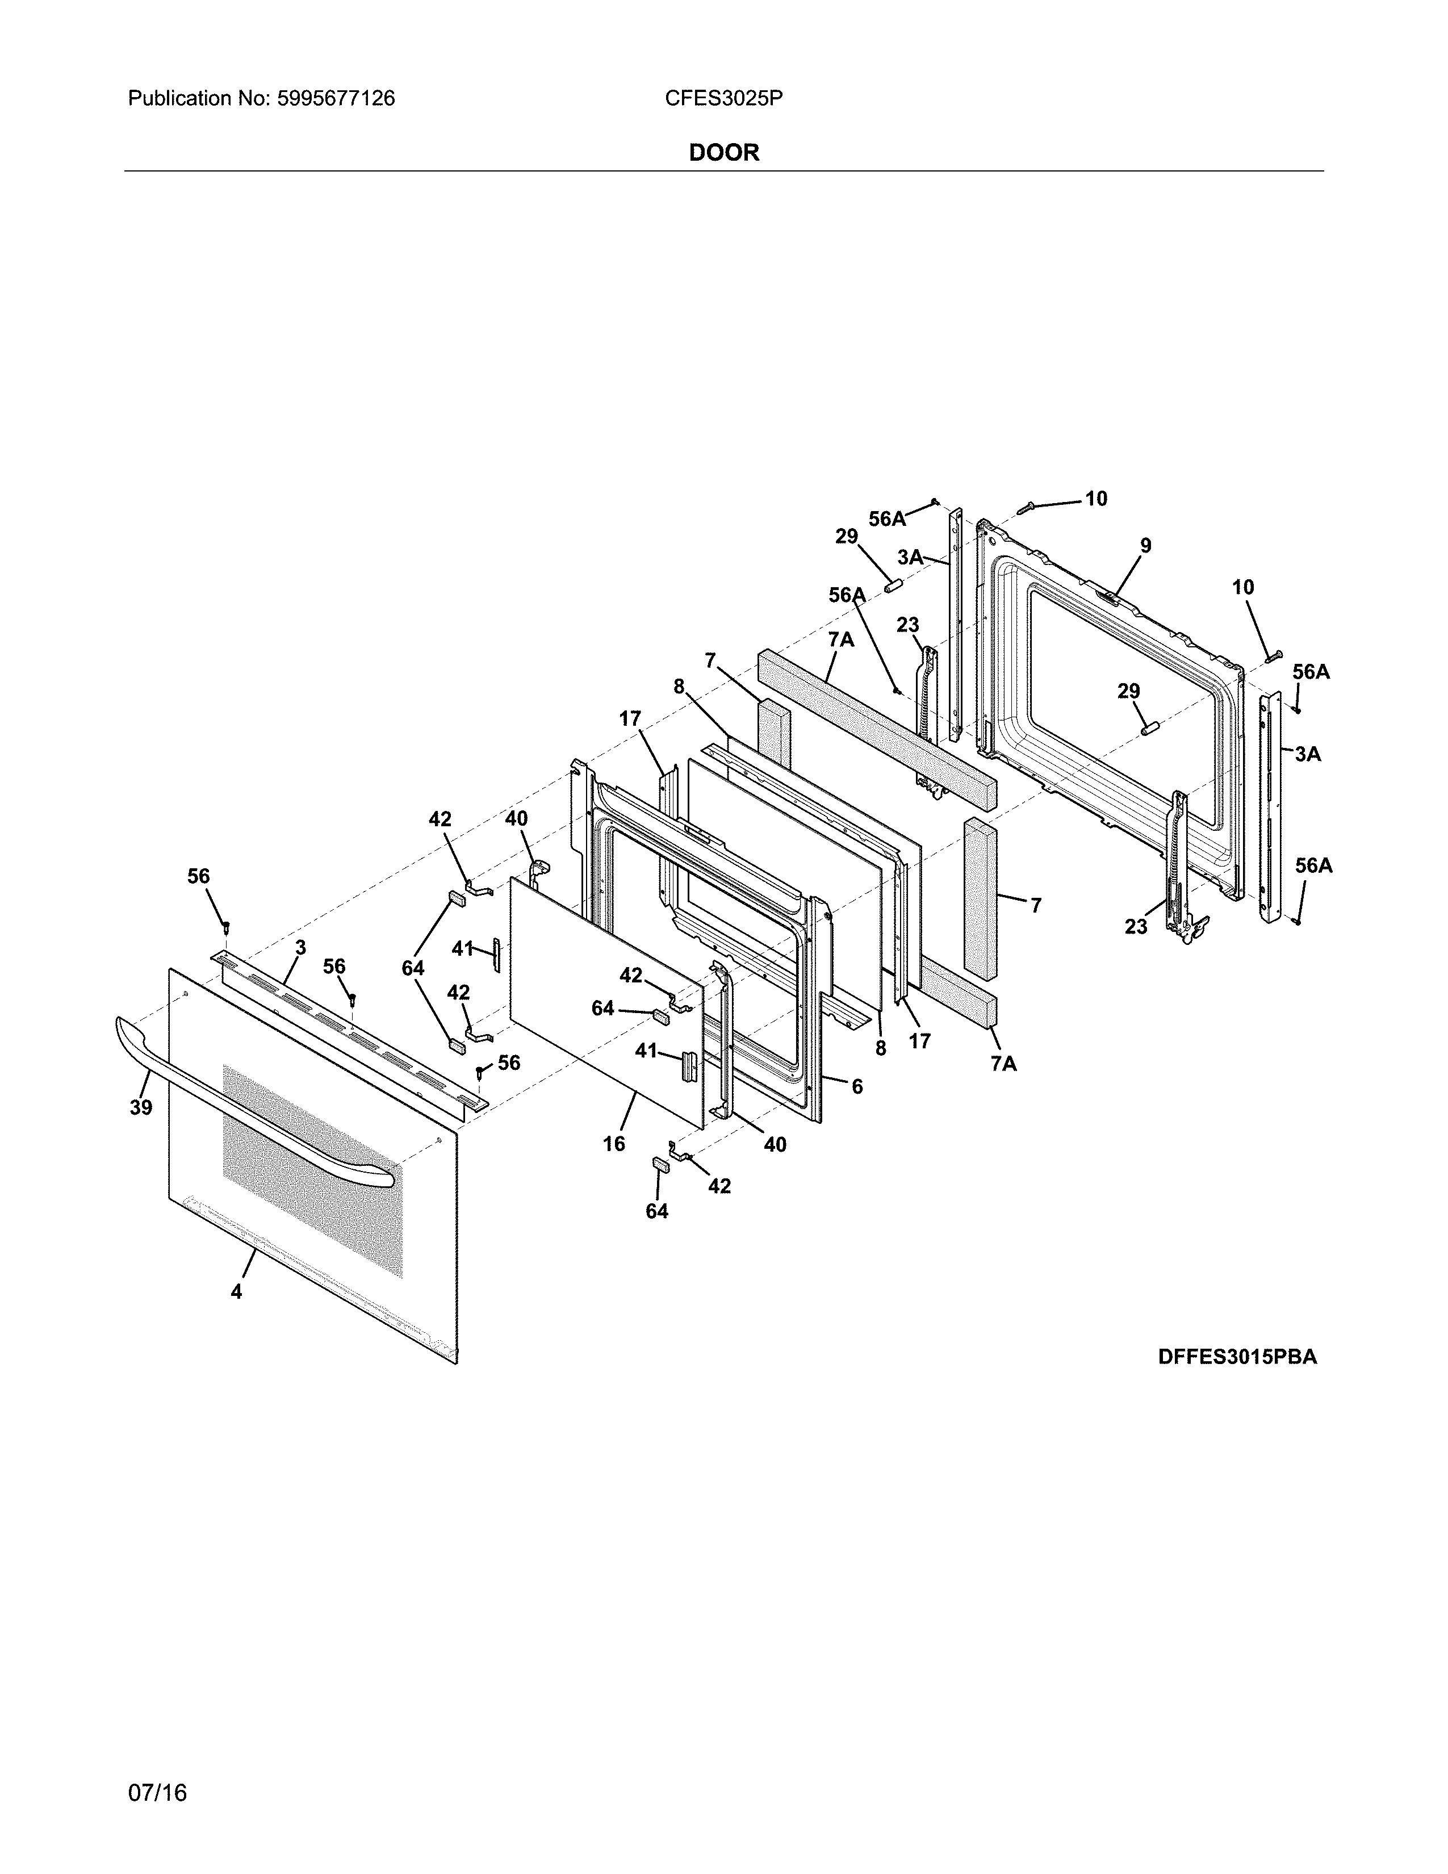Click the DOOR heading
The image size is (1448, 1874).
[x=724, y=153]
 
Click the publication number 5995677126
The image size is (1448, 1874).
[x=336, y=99]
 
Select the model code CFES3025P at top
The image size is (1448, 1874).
[x=723, y=99]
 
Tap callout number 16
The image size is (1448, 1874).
[x=614, y=1144]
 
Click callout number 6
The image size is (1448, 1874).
[x=857, y=1086]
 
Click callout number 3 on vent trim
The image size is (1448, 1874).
[x=300, y=947]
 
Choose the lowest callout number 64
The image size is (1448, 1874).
[x=656, y=1211]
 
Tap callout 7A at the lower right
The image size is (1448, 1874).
[x=1003, y=1063]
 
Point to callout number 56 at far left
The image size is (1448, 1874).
[x=198, y=876]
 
